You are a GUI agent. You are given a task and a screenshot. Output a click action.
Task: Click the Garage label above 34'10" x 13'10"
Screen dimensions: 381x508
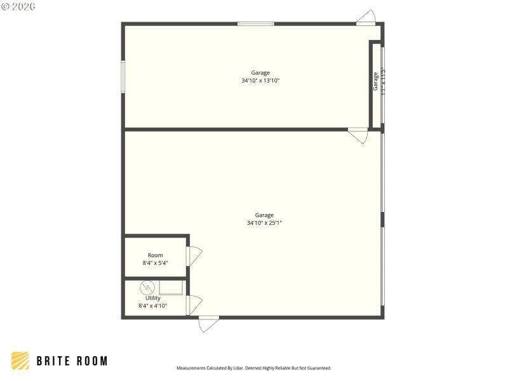[260, 73]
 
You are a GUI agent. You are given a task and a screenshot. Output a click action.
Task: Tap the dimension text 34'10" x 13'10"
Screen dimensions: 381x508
[260, 81]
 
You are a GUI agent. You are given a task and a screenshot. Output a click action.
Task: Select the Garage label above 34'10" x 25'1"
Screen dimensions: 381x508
[264, 215]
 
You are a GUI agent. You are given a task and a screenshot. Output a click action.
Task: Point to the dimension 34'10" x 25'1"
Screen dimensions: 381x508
[264, 223]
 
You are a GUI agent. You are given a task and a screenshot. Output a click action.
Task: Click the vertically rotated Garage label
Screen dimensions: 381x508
[375, 81]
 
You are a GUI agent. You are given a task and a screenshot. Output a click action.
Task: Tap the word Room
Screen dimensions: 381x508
[155, 255]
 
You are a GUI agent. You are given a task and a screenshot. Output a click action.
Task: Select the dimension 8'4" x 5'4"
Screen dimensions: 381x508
[155, 263]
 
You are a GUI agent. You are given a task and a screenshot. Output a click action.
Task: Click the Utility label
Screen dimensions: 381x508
[153, 298]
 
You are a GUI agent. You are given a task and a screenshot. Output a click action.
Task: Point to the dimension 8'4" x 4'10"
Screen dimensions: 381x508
[153, 306]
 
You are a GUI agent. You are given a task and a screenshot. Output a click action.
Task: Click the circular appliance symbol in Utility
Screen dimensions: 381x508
[146, 288]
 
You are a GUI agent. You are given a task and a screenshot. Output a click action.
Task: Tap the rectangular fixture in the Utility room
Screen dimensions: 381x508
[171, 287]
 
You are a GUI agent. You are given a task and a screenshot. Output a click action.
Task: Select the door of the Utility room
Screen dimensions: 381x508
[194, 305]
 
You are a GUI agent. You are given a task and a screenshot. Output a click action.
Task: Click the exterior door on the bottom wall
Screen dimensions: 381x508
[208, 323]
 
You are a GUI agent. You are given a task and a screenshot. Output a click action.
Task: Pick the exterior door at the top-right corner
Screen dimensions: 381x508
[366, 18]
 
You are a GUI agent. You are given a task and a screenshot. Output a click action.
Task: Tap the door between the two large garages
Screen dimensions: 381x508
[358, 135]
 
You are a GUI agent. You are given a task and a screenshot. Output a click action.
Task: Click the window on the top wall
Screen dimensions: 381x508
[256, 24]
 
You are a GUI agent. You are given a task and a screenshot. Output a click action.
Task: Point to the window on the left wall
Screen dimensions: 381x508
[123, 77]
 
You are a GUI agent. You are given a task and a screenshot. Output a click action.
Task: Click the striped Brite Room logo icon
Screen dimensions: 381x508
[20, 361]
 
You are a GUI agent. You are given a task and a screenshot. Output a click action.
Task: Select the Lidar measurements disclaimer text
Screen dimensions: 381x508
[254, 368]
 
